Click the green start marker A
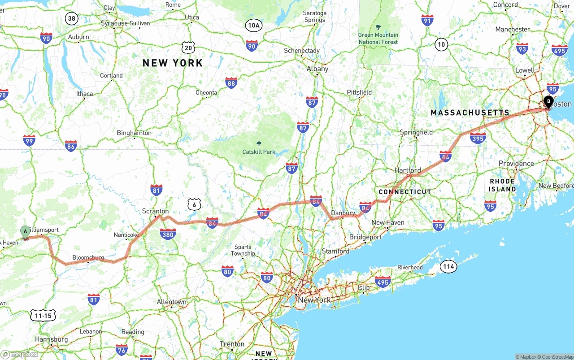pyautogui.click(x=26, y=232)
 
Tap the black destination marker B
pyautogui.click(x=548, y=102)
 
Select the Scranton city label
pyautogui.click(x=155, y=211)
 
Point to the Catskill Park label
pyautogui.click(x=259, y=152)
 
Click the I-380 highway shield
pyautogui.click(x=168, y=234)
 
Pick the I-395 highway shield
pyautogui.click(x=478, y=138)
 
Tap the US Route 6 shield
pyautogui.click(x=194, y=204)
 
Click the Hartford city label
pyautogui.click(x=408, y=170)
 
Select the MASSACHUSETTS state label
pyautogui.click(x=470, y=113)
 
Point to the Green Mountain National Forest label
pyautogui.click(x=378, y=39)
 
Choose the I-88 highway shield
pyautogui.click(x=231, y=82)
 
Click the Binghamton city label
pyautogui.click(x=134, y=133)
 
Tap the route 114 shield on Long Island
pyautogui.click(x=448, y=267)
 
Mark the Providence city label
pyautogui.click(x=516, y=164)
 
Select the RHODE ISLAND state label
pyautogui.click(x=502, y=185)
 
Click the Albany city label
pyautogui.click(x=317, y=69)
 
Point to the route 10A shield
pyautogui.click(x=253, y=26)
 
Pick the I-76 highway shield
pyautogui.click(x=122, y=350)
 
